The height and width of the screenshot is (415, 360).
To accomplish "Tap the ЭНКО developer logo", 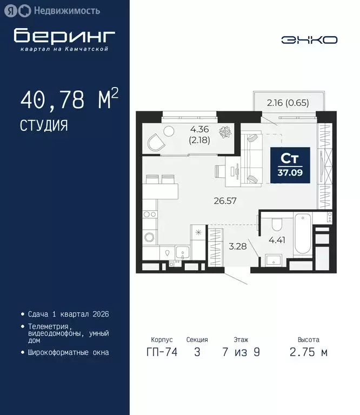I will point(309,40).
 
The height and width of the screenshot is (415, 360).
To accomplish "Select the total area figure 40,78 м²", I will point(69,101).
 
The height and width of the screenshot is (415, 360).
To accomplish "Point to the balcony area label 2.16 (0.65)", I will point(288,103).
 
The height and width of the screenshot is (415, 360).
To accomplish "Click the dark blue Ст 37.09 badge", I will point(290,164).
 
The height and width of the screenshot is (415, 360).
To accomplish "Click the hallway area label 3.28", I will point(237,247).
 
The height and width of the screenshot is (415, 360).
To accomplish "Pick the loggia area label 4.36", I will point(199,129).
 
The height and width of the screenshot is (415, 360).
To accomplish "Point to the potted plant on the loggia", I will point(228,131).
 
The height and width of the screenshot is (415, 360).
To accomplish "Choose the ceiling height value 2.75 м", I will point(308,352).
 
